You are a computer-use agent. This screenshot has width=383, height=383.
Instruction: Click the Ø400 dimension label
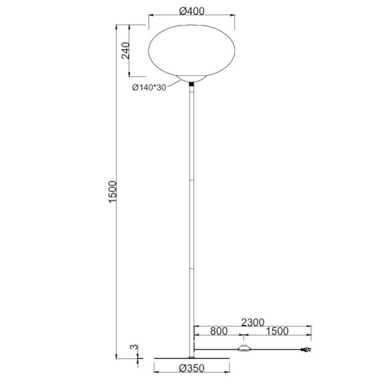(x=192, y=11)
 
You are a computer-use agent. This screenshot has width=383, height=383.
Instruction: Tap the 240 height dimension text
(x=126, y=50)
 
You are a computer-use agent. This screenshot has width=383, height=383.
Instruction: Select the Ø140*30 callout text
(x=148, y=88)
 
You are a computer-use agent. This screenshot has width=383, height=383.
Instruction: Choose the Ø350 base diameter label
(x=192, y=368)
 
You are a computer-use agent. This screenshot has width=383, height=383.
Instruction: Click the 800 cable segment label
(x=218, y=331)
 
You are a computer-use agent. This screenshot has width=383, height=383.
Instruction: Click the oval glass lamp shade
(x=192, y=50)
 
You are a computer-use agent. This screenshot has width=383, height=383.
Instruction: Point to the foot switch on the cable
(x=244, y=349)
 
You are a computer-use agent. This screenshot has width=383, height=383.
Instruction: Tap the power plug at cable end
(x=307, y=350)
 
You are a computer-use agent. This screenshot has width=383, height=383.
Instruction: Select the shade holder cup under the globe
(x=192, y=79)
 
